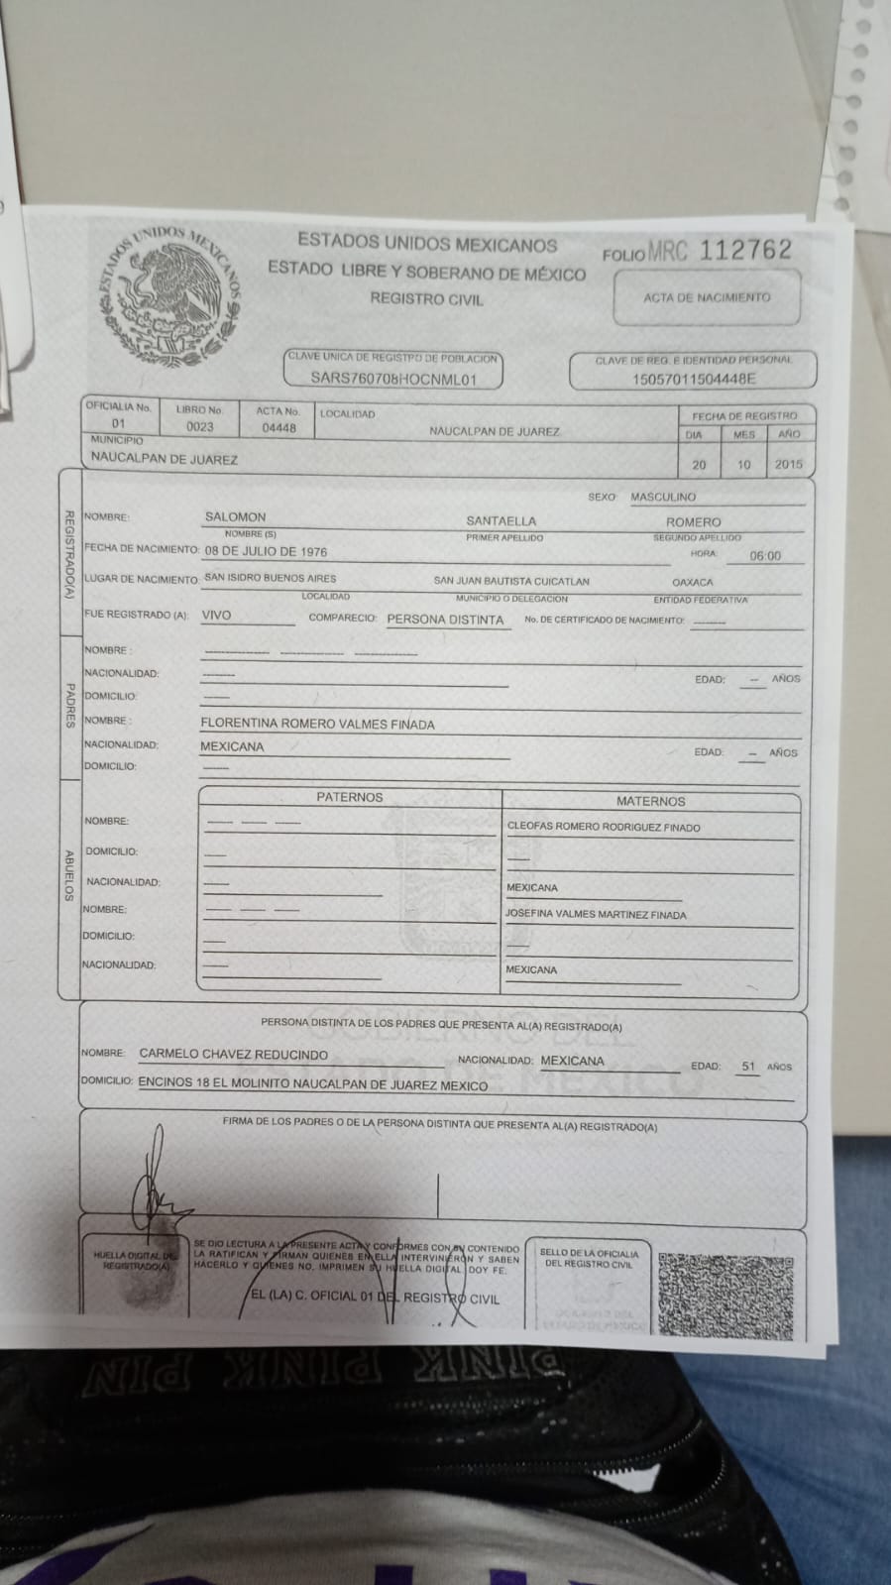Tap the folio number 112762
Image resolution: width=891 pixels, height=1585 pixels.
[745, 250]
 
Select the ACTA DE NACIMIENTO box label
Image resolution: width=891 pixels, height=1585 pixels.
[706, 297]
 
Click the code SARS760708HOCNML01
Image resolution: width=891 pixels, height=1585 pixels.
[393, 378]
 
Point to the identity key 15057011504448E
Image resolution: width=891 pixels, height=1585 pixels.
[694, 379]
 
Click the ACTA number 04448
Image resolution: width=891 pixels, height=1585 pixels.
[278, 428]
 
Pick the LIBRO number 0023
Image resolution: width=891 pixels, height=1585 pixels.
[199, 427]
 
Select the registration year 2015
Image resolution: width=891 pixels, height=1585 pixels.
[788, 464]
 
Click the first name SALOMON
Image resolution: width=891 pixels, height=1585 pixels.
[235, 516]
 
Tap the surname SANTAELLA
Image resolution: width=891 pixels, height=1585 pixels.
[501, 520]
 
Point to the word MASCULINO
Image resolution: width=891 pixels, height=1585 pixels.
[663, 497]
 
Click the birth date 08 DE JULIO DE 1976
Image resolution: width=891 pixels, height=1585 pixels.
[266, 551]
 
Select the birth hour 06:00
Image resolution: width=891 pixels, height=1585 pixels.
[764, 556]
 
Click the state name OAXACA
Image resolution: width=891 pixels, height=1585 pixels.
[692, 582]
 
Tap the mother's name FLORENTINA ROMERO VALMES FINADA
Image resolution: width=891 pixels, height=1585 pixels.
[317, 725]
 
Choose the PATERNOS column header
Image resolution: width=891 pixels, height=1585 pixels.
[349, 797]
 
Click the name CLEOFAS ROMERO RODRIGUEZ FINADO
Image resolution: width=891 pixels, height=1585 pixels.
[603, 827]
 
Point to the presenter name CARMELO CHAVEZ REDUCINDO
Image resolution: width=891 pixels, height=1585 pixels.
[233, 1055]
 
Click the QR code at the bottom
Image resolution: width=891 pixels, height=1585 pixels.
[725, 1295]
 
